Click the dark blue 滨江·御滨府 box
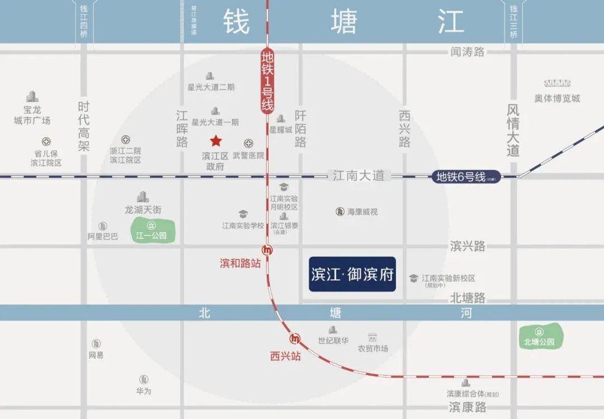pyautogui.click(x=352, y=274)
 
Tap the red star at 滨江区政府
pyautogui.click(x=216, y=141)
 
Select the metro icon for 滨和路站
pyautogui.click(x=267, y=250)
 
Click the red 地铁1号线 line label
pyautogui.click(x=267, y=82)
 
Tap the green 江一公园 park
pyautogui.click(x=152, y=231)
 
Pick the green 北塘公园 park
pyautogui.click(x=540, y=337)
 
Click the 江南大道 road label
pyautogui.click(x=358, y=176)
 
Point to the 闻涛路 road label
pyautogui.click(x=468, y=52)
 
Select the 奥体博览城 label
pyautogui.click(x=557, y=98)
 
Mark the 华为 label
pyautogui.click(x=144, y=391)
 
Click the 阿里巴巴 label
pyautogui.click(x=103, y=237)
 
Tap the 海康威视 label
pyautogui.click(x=362, y=212)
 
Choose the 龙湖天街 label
pyautogui.click(x=143, y=210)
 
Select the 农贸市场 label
pyautogui.click(x=373, y=349)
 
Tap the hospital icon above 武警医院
pyautogui.click(x=248, y=143)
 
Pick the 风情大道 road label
pyautogui.click(x=513, y=129)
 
